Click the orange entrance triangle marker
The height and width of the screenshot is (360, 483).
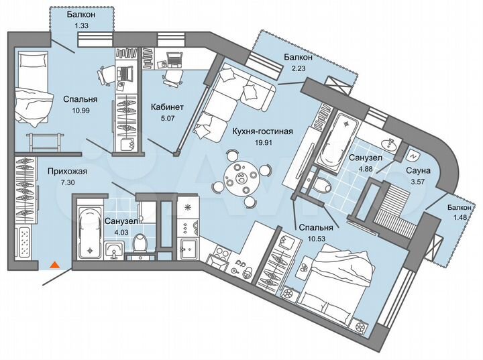(56, 265)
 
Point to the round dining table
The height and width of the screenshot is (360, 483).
(239, 179)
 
